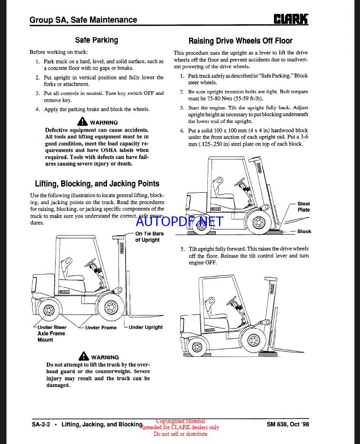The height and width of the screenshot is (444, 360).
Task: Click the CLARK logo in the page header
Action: [291, 19]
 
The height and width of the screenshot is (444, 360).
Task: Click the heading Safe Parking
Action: [97, 40]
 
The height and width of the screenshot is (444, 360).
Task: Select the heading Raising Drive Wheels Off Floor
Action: [240, 41]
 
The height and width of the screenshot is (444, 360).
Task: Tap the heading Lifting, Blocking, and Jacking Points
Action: [97, 184]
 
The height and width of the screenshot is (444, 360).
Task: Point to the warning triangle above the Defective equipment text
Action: [83, 122]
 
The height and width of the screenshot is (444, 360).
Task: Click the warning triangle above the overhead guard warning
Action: [84, 356]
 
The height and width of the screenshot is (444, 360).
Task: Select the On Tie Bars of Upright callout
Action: [149, 237]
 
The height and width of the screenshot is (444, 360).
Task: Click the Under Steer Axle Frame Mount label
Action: [52, 334]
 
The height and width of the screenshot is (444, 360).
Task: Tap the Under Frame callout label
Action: [101, 327]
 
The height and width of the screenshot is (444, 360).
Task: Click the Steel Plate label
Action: [303, 207]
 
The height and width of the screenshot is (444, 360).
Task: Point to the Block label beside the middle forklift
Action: [304, 232]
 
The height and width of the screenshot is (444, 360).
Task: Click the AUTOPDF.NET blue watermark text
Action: [179, 221]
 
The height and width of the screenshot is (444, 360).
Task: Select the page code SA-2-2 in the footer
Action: [41, 424]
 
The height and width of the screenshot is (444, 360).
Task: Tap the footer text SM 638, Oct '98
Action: [288, 424]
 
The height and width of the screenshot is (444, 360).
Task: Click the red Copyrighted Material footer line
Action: [180, 421]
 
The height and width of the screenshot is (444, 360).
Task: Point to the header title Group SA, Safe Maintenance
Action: [83, 20]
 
